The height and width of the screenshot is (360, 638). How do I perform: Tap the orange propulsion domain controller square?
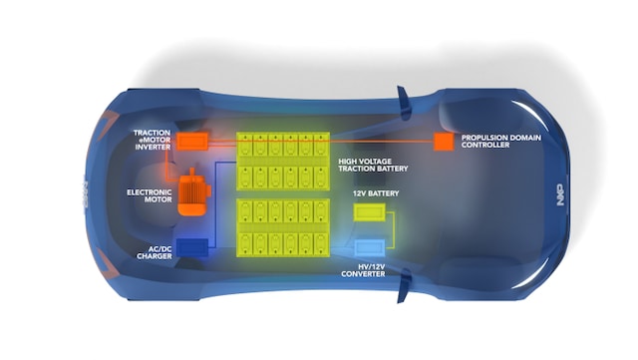[441, 142]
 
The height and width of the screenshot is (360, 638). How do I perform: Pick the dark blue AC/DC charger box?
[193, 247]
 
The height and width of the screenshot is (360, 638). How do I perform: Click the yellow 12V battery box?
[370, 211]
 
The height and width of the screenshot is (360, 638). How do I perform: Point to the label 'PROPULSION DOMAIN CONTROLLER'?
[500, 142]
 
